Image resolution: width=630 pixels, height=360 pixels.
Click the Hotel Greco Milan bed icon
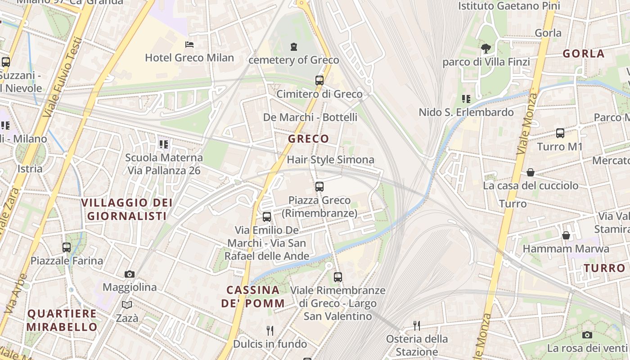tap(189, 45)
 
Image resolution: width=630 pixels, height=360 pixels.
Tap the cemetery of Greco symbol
tap(294, 46)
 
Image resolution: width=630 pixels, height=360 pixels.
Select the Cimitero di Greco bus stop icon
tap(319, 81)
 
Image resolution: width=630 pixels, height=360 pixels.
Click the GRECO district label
tap(309, 139)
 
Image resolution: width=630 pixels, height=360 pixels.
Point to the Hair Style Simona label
tap(330, 160)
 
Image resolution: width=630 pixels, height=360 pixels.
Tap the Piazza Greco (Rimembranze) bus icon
tap(319, 186)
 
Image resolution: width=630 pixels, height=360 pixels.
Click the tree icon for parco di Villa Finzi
tap(486, 48)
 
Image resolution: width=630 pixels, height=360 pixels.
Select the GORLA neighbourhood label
tap(584, 54)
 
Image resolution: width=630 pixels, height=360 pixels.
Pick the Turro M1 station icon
tap(560, 133)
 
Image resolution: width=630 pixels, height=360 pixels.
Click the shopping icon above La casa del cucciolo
tap(531, 172)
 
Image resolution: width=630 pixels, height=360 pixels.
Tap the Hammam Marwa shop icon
tap(566, 235)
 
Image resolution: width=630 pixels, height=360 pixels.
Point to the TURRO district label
tap(604, 268)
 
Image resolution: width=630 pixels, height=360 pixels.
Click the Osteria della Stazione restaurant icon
tap(417, 325)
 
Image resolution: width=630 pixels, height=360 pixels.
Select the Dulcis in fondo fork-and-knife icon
tap(270, 331)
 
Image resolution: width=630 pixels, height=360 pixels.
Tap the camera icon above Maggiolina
tap(130, 274)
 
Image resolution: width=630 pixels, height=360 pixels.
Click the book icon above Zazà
tap(127, 305)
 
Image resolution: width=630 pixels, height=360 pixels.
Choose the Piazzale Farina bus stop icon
tap(67, 247)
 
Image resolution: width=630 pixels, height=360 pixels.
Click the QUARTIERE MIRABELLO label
tap(62, 320)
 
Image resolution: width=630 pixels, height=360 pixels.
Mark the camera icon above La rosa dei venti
tap(587, 335)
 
